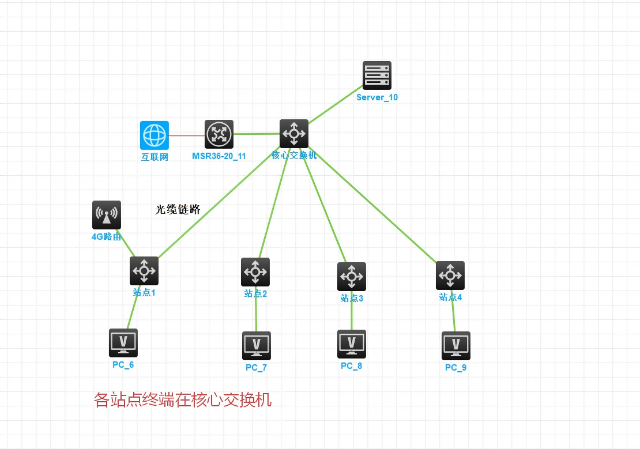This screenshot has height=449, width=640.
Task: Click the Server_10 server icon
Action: pos(377,76)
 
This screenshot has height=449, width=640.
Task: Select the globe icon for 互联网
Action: pos(155,135)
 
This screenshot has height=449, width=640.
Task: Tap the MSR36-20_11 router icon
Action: pos(219,134)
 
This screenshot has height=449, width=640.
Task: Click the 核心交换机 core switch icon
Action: pos(294,134)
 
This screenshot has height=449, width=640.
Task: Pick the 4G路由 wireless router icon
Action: pos(107,215)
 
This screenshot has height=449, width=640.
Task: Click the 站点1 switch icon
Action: pos(144,271)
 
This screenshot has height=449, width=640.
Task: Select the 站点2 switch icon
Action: pos(255,272)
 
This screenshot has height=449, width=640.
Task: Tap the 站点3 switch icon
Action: pos(352,277)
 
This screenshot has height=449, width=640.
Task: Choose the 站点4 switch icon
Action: pos(450,276)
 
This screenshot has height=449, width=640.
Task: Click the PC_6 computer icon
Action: pos(123,343)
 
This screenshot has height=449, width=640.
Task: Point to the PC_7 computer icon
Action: pos(257,346)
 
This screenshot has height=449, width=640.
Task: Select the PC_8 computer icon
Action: pos(352,344)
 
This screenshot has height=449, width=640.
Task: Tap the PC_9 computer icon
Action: pos(456,346)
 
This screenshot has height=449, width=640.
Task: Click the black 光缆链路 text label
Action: pos(178,210)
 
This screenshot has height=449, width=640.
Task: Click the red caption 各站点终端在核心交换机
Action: pos(182,400)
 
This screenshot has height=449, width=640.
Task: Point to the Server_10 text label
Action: pos(377,97)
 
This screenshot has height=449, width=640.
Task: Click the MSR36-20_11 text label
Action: pos(219,156)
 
